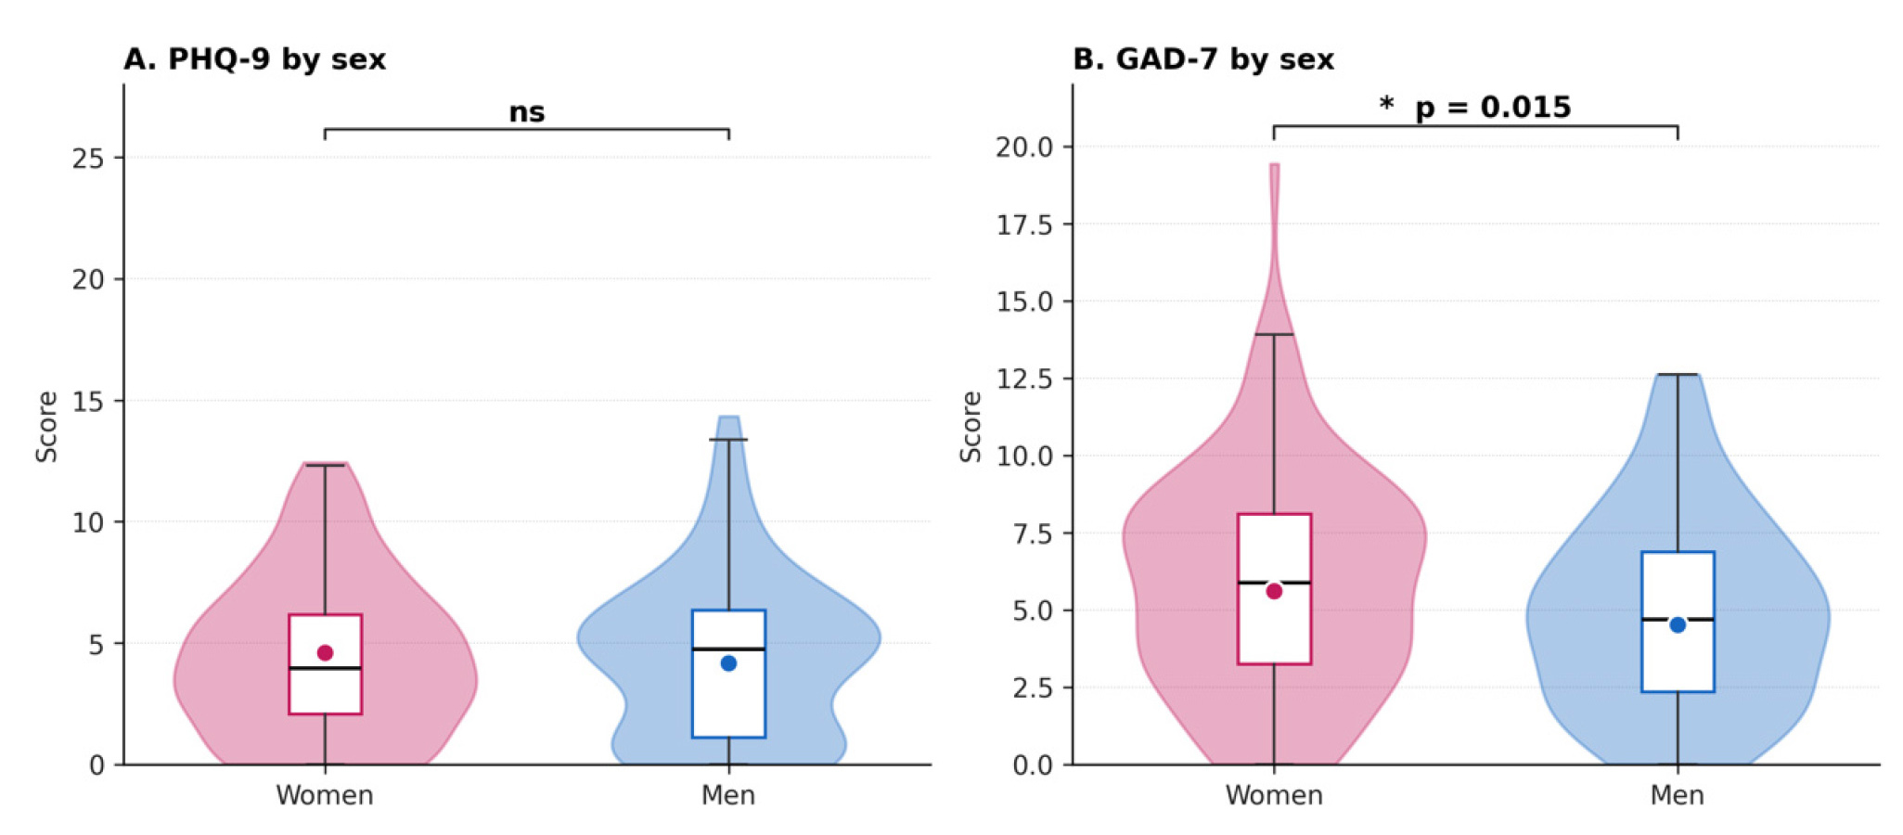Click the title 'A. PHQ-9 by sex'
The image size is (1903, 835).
pyautogui.click(x=254, y=59)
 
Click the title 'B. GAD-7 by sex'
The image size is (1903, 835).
pyautogui.click(x=1203, y=59)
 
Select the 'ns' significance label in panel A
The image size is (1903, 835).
pyautogui.click(x=526, y=113)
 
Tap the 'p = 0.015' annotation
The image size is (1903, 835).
pyautogui.click(x=1493, y=108)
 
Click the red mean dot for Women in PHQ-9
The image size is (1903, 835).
pyautogui.click(x=325, y=652)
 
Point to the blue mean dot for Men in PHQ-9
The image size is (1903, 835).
pyautogui.click(x=728, y=663)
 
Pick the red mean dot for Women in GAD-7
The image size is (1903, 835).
pyautogui.click(x=1274, y=591)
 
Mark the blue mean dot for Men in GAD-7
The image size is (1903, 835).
pyautogui.click(x=1678, y=625)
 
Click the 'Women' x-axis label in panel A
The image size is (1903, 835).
pyautogui.click(x=325, y=796)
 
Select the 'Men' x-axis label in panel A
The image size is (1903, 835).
pyautogui.click(x=728, y=796)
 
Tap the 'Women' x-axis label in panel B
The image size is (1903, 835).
pyautogui.click(x=1274, y=796)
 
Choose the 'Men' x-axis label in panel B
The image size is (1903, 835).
pyautogui.click(x=1678, y=796)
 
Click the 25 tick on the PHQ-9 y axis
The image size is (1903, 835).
pyautogui.click(x=88, y=159)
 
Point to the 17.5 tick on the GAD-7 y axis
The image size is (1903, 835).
pyautogui.click(x=1024, y=225)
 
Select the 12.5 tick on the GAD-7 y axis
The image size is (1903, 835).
pyautogui.click(x=1024, y=379)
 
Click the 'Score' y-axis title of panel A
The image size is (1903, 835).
pyautogui.click(x=46, y=427)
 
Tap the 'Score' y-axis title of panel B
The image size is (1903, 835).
pyautogui.click(x=971, y=427)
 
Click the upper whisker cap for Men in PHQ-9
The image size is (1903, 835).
pyautogui.click(x=728, y=440)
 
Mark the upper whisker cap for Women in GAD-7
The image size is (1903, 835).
pyautogui.click(x=1274, y=334)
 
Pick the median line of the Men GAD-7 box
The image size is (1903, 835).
pyautogui.click(x=1678, y=619)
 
